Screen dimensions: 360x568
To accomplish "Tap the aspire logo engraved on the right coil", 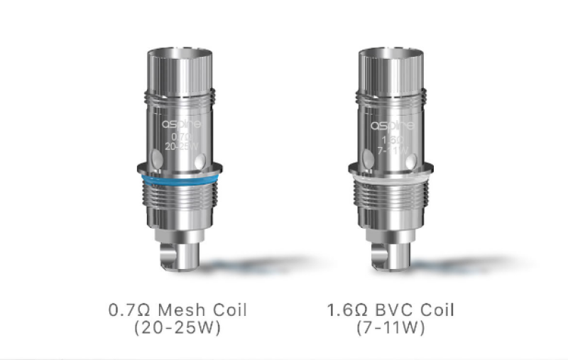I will (390, 125).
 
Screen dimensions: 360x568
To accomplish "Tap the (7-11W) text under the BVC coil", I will (390, 329).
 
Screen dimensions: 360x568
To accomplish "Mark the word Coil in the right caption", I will (435, 310).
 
